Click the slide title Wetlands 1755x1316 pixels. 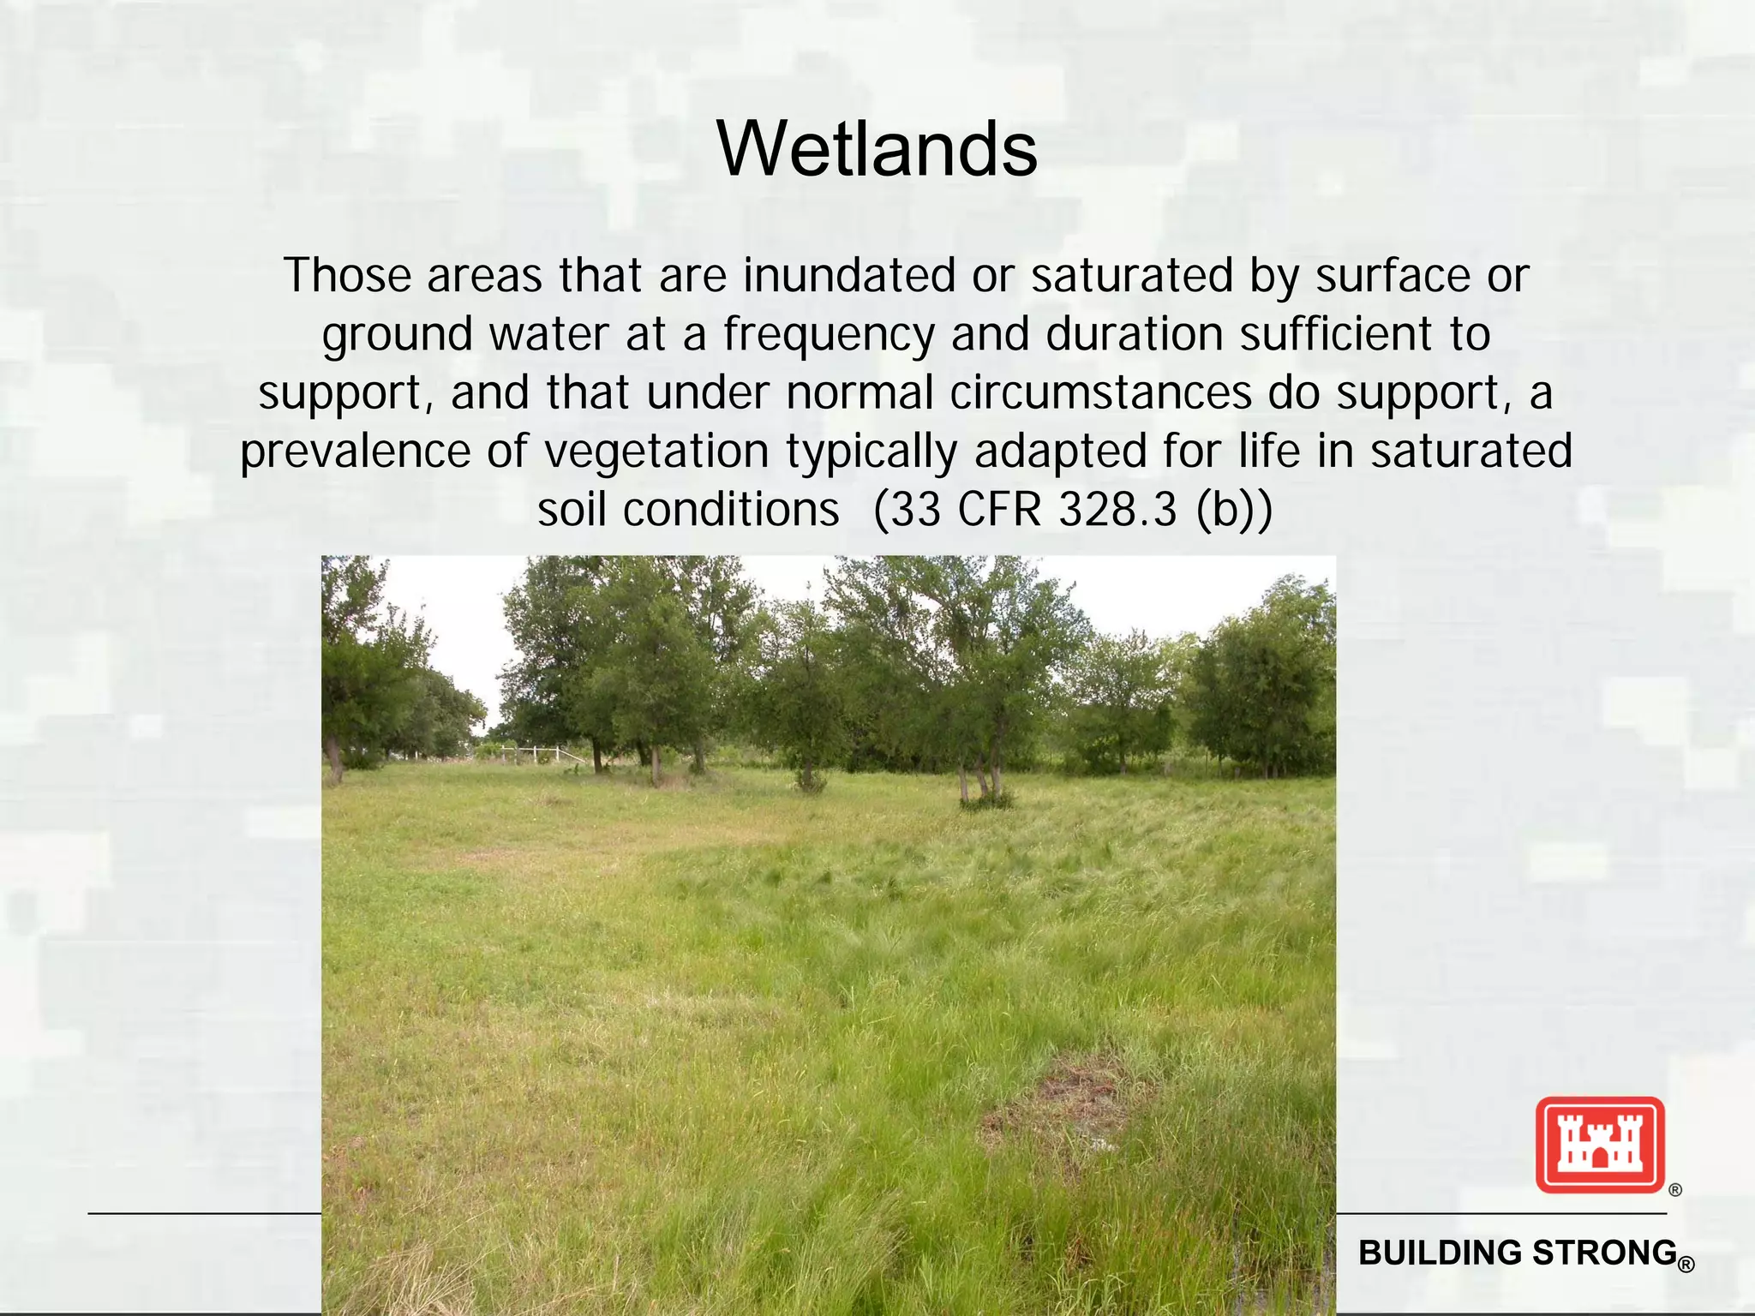(877, 150)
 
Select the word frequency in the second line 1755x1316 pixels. (828, 335)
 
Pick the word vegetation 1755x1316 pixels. (656, 452)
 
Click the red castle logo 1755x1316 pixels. (1599, 1145)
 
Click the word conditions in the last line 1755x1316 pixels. (730, 511)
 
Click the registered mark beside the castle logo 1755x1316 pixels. (1675, 1190)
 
